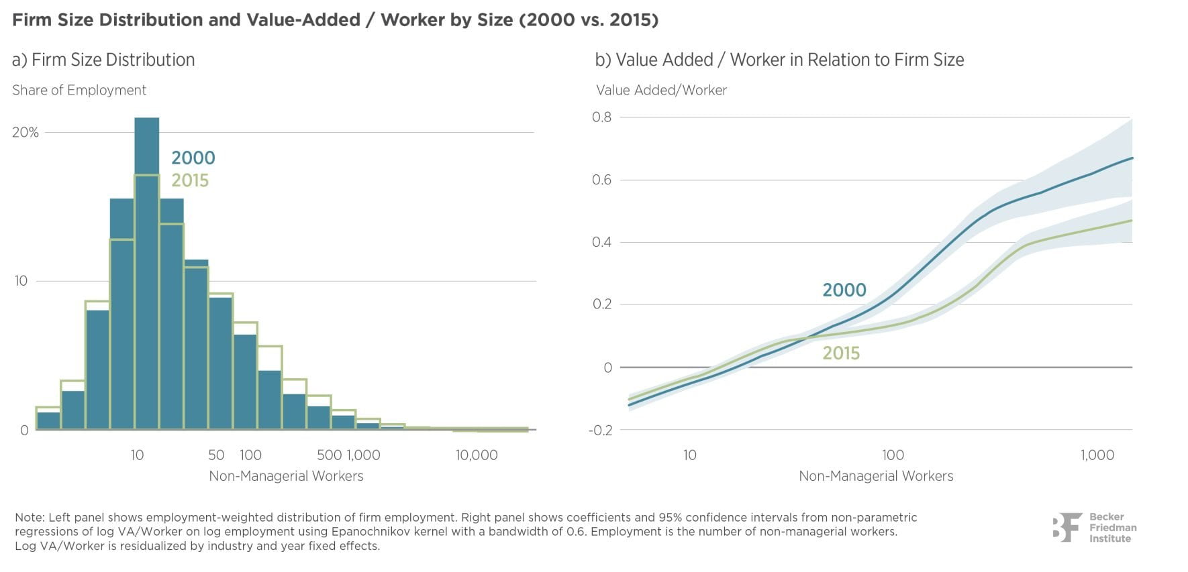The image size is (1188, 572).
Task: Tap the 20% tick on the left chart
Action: (26, 132)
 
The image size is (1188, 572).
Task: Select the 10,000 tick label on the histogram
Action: (477, 455)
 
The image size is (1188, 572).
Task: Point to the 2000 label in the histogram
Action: (193, 158)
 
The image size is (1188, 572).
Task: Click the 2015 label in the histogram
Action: (190, 180)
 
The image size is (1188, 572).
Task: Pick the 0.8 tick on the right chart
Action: (602, 117)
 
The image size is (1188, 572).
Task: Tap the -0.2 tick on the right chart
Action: (601, 430)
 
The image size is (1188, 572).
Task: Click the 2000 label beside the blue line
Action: (844, 290)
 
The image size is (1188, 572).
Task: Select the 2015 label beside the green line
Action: (841, 353)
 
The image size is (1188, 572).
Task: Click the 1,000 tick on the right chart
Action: (1097, 455)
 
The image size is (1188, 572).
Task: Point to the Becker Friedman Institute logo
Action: (1094, 528)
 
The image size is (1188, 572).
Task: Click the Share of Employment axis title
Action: (79, 90)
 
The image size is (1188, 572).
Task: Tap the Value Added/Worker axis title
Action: (661, 90)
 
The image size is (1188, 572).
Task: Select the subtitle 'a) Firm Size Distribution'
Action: (103, 60)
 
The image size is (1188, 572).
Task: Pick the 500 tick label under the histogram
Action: (328, 455)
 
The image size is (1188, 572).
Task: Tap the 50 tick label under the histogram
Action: (216, 455)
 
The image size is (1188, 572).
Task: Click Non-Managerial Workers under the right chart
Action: (876, 476)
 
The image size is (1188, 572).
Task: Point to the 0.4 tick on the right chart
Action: (602, 242)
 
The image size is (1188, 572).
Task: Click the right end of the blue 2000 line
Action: (1131, 158)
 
